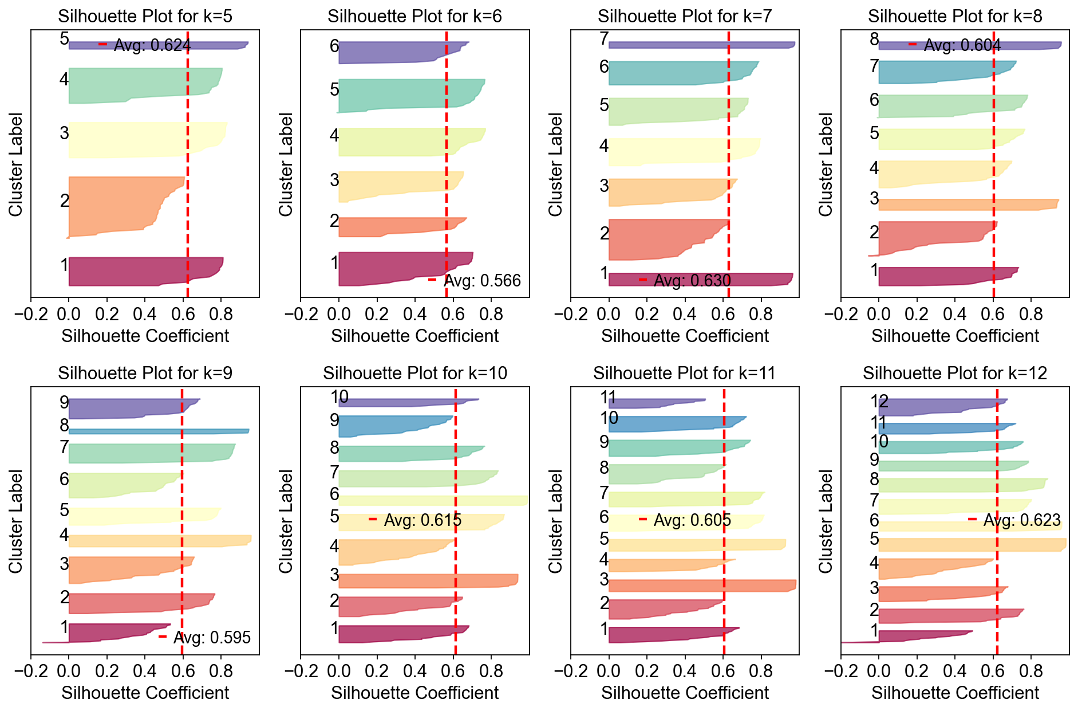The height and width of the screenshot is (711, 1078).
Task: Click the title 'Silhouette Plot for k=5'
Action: coord(145,17)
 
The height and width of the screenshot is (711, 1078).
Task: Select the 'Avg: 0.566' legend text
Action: coord(482,281)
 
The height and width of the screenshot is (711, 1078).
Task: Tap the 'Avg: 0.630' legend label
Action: coord(692,281)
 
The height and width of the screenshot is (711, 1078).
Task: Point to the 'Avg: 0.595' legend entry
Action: coord(212,638)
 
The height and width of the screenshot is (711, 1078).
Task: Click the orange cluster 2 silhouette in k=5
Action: coord(114,206)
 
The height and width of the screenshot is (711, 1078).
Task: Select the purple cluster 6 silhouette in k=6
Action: coord(389,52)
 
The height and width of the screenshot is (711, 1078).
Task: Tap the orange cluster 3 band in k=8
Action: coord(968,205)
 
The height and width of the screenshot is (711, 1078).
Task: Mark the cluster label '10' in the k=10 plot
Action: coord(339,396)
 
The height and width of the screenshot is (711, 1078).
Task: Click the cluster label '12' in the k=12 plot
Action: coord(879,402)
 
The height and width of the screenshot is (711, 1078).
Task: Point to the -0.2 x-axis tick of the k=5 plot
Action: coord(30,313)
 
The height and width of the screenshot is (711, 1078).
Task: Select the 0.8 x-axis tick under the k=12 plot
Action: coord(1031,670)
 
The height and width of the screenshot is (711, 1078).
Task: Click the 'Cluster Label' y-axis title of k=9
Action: coord(15,521)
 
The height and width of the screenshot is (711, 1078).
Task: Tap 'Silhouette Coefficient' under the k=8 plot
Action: coord(955,336)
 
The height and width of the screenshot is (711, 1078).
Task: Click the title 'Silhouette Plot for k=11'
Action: coord(684,374)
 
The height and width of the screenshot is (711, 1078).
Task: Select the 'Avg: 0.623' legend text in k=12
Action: coord(1022,520)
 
